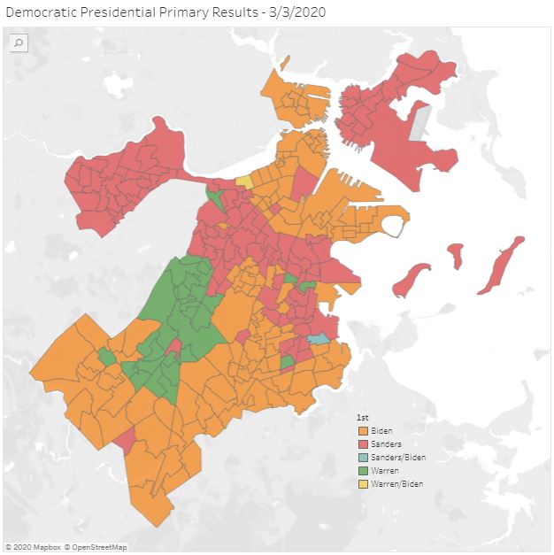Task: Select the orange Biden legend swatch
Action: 363,430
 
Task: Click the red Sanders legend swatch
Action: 363,443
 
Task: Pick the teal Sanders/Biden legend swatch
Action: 363,457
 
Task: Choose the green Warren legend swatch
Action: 363,470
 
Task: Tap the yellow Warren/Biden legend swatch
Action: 363,483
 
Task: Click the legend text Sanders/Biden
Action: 398,457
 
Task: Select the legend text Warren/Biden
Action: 396,483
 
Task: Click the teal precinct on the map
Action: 317,339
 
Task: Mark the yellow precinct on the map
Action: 243,181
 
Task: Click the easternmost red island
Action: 502,264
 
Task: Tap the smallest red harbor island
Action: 455,256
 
